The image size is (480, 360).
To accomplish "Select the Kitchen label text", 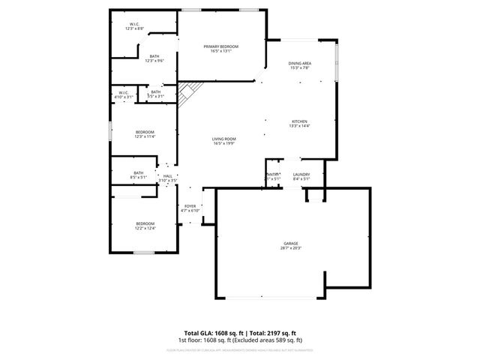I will click(x=299, y=121).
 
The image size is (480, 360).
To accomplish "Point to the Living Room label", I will click(x=223, y=139).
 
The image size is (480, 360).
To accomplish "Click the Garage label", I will click(x=291, y=243).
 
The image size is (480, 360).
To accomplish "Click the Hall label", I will click(x=167, y=175).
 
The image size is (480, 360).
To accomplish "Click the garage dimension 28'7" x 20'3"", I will click(x=291, y=247).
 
